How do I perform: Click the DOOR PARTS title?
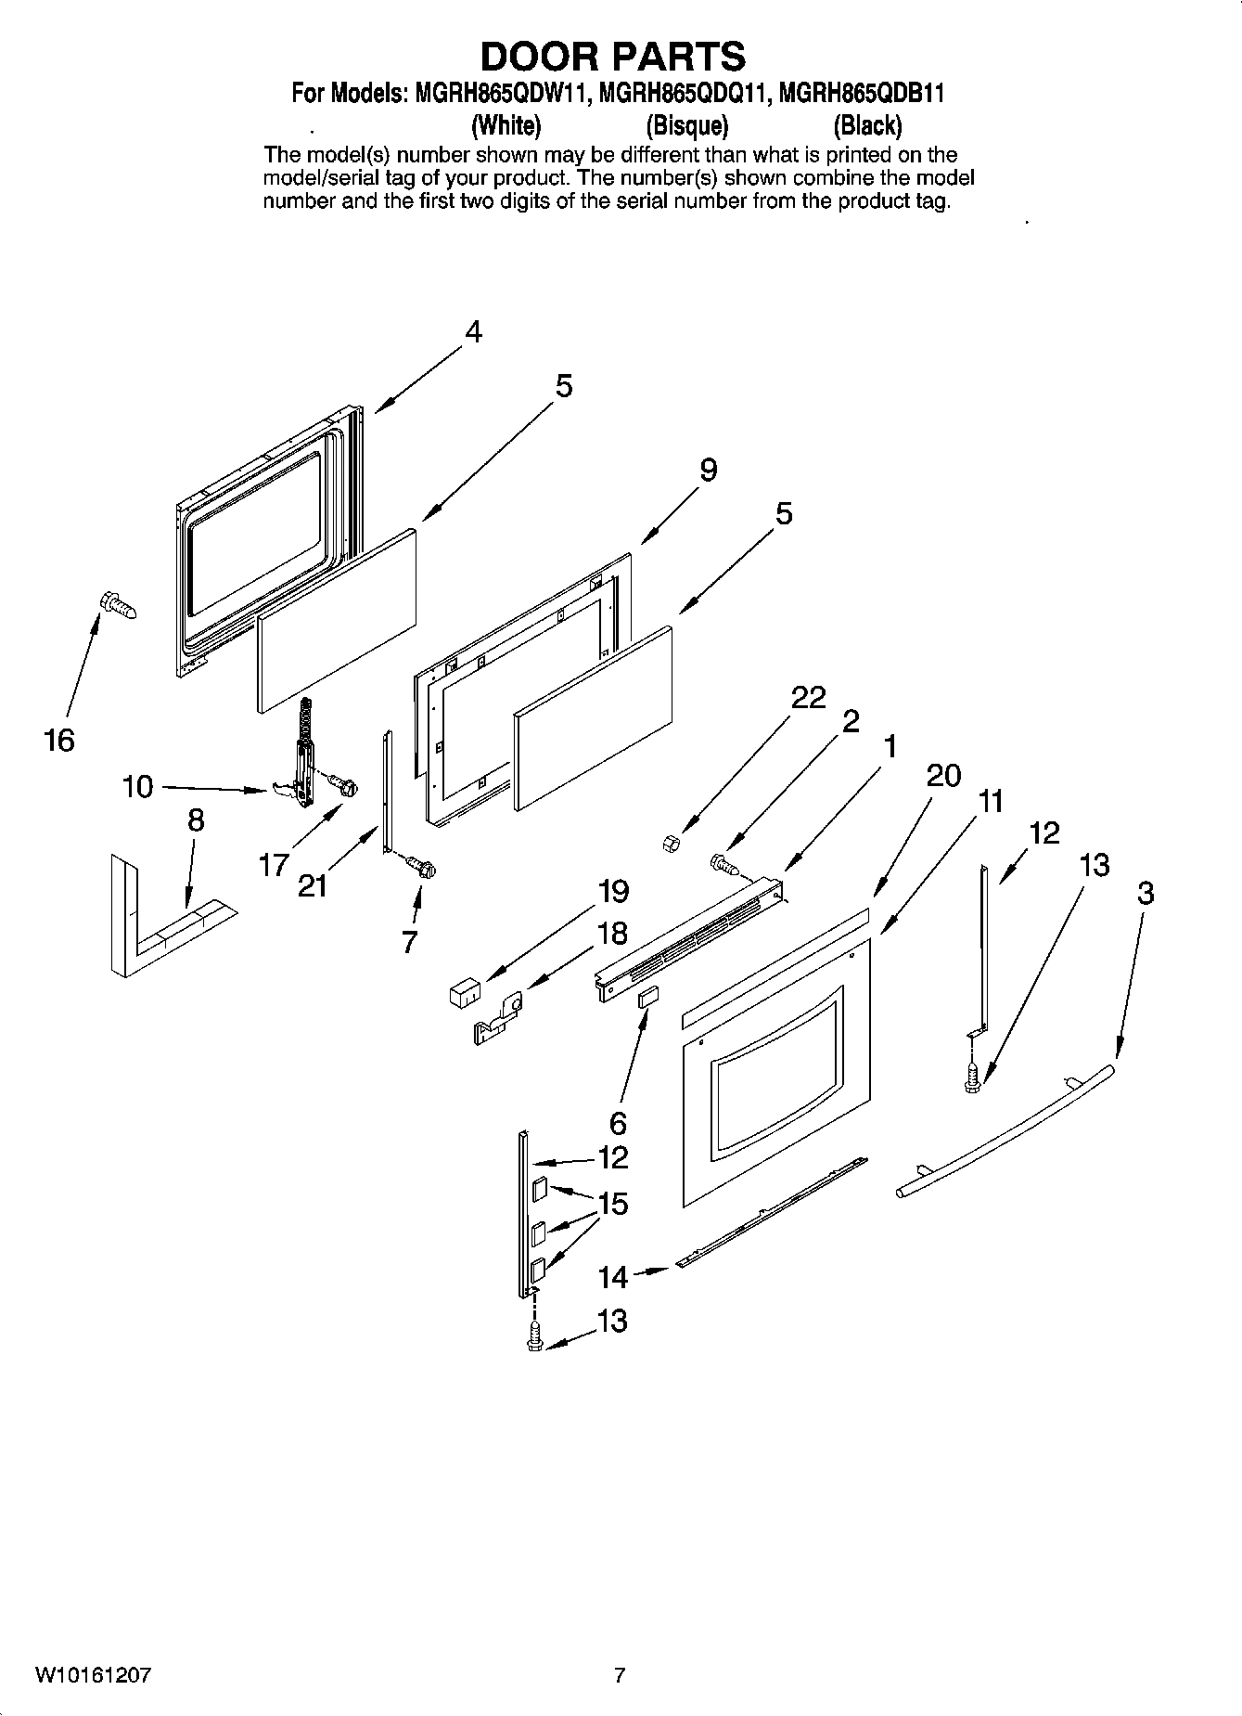pyautogui.click(x=612, y=58)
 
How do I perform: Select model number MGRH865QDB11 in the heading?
pyautogui.click(x=861, y=94)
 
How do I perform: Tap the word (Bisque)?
pyautogui.click(x=686, y=124)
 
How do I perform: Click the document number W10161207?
pyautogui.click(x=93, y=1675)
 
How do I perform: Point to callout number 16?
pyautogui.click(x=58, y=741)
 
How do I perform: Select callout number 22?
pyautogui.click(x=808, y=697)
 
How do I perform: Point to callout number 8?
pyautogui.click(x=195, y=820)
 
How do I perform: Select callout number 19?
pyautogui.click(x=613, y=891)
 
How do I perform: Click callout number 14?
pyautogui.click(x=613, y=1277)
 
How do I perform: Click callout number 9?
pyautogui.click(x=708, y=470)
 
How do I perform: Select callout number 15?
pyautogui.click(x=613, y=1204)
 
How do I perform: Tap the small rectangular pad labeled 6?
pyautogui.click(x=647, y=998)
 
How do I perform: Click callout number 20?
pyautogui.click(x=943, y=775)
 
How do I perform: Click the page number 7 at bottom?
pyautogui.click(x=620, y=1675)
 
